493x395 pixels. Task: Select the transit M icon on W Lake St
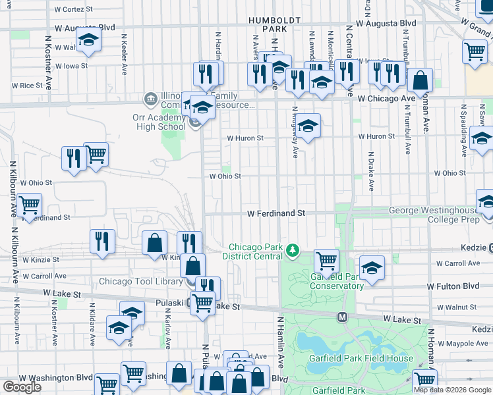(342, 317)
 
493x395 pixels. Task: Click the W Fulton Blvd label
(452, 286)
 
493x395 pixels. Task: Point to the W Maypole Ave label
(461, 343)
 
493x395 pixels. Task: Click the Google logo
(22, 386)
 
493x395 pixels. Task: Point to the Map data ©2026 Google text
(452, 390)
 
